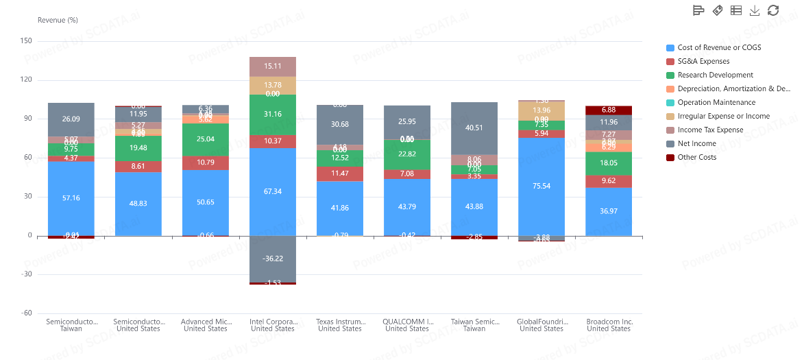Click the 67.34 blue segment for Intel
point(273,191)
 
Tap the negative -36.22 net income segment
point(273,259)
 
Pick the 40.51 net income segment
point(474,128)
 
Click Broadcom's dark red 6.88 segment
point(609,110)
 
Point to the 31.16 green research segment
point(273,114)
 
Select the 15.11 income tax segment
point(273,67)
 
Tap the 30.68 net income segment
point(340,124)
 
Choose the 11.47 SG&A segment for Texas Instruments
point(340,173)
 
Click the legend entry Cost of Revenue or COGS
point(719,47)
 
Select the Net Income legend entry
point(696,143)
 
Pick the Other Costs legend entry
point(696,157)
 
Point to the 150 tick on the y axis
point(26,41)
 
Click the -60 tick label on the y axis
point(26,313)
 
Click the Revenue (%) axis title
point(58,20)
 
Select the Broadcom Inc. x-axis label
point(609,321)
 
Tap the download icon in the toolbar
point(755,10)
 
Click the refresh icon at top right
point(773,10)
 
